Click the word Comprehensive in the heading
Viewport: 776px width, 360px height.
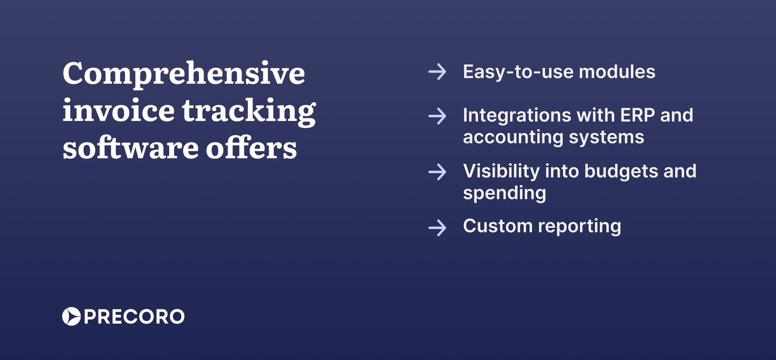click(184, 74)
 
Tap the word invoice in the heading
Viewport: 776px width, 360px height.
click(118, 111)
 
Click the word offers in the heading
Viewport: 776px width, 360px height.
click(251, 148)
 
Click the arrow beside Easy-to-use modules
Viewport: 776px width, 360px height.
click(437, 72)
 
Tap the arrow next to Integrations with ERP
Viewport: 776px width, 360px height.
click(437, 116)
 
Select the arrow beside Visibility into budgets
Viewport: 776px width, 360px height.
click(437, 172)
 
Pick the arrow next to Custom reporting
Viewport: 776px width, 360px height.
click(437, 227)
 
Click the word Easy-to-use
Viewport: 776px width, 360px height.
click(517, 72)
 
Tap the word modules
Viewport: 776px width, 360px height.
click(617, 72)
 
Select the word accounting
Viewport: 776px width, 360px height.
click(513, 138)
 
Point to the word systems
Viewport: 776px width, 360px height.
click(606, 138)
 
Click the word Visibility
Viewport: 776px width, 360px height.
click(501, 171)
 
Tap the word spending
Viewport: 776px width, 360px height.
click(504, 194)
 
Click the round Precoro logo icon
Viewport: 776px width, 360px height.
click(71, 316)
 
